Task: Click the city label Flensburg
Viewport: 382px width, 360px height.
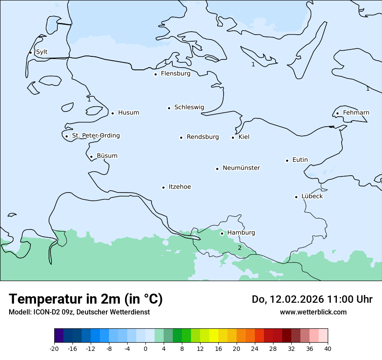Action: click(x=175, y=74)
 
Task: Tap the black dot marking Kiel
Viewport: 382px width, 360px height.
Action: click(x=233, y=137)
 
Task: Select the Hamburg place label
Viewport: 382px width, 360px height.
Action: click(x=241, y=233)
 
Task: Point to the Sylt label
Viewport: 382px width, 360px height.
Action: click(x=42, y=52)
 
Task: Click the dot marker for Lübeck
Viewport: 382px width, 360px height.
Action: click(x=296, y=197)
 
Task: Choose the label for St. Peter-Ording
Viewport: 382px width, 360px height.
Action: click(x=95, y=136)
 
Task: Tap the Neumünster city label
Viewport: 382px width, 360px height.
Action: click(x=241, y=168)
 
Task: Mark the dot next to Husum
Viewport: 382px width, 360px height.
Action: click(x=112, y=113)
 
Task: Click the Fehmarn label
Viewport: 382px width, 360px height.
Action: click(x=356, y=113)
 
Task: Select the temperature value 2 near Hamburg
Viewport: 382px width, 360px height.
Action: click(x=239, y=248)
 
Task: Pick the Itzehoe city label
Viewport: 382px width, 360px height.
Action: click(x=180, y=187)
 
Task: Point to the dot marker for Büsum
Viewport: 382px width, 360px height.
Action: click(x=91, y=157)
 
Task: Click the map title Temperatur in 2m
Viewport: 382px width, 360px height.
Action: click(x=86, y=299)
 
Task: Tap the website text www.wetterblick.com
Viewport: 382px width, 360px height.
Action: click(x=313, y=312)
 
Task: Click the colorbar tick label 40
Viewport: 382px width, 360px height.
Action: click(x=328, y=349)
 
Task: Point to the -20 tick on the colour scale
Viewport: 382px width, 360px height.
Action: click(x=54, y=349)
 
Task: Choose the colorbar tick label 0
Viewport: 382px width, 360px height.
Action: click(x=145, y=349)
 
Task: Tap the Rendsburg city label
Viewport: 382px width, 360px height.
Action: click(x=203, y=137)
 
